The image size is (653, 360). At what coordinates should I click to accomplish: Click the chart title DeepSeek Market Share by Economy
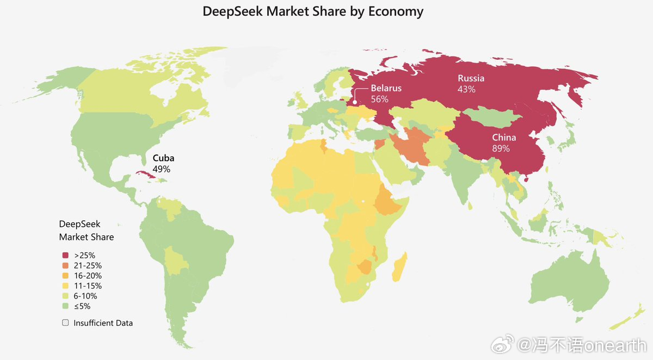point(313,11)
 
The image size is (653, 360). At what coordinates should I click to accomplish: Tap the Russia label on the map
point(471,78)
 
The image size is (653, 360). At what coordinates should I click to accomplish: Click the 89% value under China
point(501,148)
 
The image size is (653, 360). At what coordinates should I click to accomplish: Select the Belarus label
point(386,88)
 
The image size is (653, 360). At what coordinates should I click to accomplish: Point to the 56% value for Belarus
point(379,99)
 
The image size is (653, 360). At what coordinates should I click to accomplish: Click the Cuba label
point(163,158)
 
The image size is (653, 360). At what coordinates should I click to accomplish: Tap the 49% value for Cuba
point(161,169)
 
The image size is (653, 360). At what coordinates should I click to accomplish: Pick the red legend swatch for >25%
point(65,255)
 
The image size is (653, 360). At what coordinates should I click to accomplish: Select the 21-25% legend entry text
point(88,265)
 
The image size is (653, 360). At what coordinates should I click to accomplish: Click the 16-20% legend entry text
point(88,276)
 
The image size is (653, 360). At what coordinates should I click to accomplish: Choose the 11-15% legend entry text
point(88,286)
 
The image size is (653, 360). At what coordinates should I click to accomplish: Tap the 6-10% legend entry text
point(85,296)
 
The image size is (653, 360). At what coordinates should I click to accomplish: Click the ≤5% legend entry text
point(83,307)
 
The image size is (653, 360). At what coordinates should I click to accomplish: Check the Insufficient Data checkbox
point(65,322)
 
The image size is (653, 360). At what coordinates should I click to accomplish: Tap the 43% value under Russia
point(466,89)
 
